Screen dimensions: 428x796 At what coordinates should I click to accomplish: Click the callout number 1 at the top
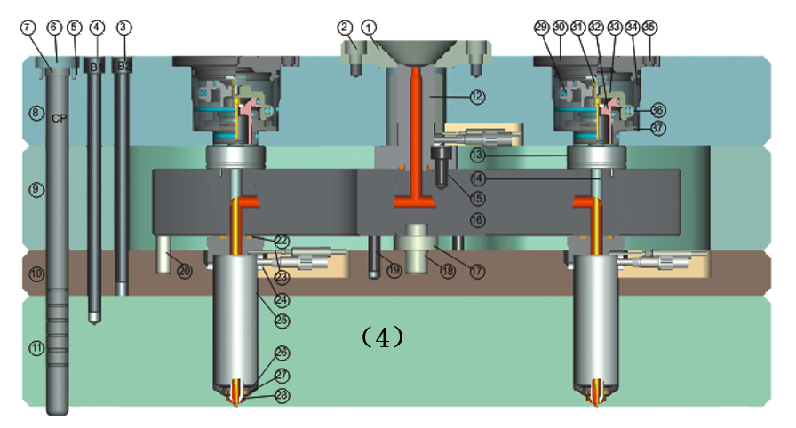(370, 28)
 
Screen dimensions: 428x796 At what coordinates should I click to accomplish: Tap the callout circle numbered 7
(29, 28)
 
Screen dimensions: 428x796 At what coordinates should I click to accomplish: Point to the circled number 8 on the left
(36, 113)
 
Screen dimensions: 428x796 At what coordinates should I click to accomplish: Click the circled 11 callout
(36, 349)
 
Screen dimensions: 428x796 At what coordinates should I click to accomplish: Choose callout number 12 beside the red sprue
(477, 96)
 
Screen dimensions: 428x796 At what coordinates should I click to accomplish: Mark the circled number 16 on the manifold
(477, 219)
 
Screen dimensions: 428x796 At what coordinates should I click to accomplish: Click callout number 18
(449, 271)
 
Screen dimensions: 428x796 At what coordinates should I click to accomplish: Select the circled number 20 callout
(184, 271)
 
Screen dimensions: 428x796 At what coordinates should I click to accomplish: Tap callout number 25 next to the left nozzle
(282, 319)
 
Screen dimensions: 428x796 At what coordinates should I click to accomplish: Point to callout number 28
(282, 396)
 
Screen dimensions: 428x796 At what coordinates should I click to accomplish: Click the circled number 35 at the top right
(650, 28)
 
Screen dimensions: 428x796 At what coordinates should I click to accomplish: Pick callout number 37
(657, 128)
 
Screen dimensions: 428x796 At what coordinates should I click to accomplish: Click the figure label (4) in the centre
(383, 338)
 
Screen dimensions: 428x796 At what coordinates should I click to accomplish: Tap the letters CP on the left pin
(60, 117)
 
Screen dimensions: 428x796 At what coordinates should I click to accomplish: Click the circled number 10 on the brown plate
(36, 274)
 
